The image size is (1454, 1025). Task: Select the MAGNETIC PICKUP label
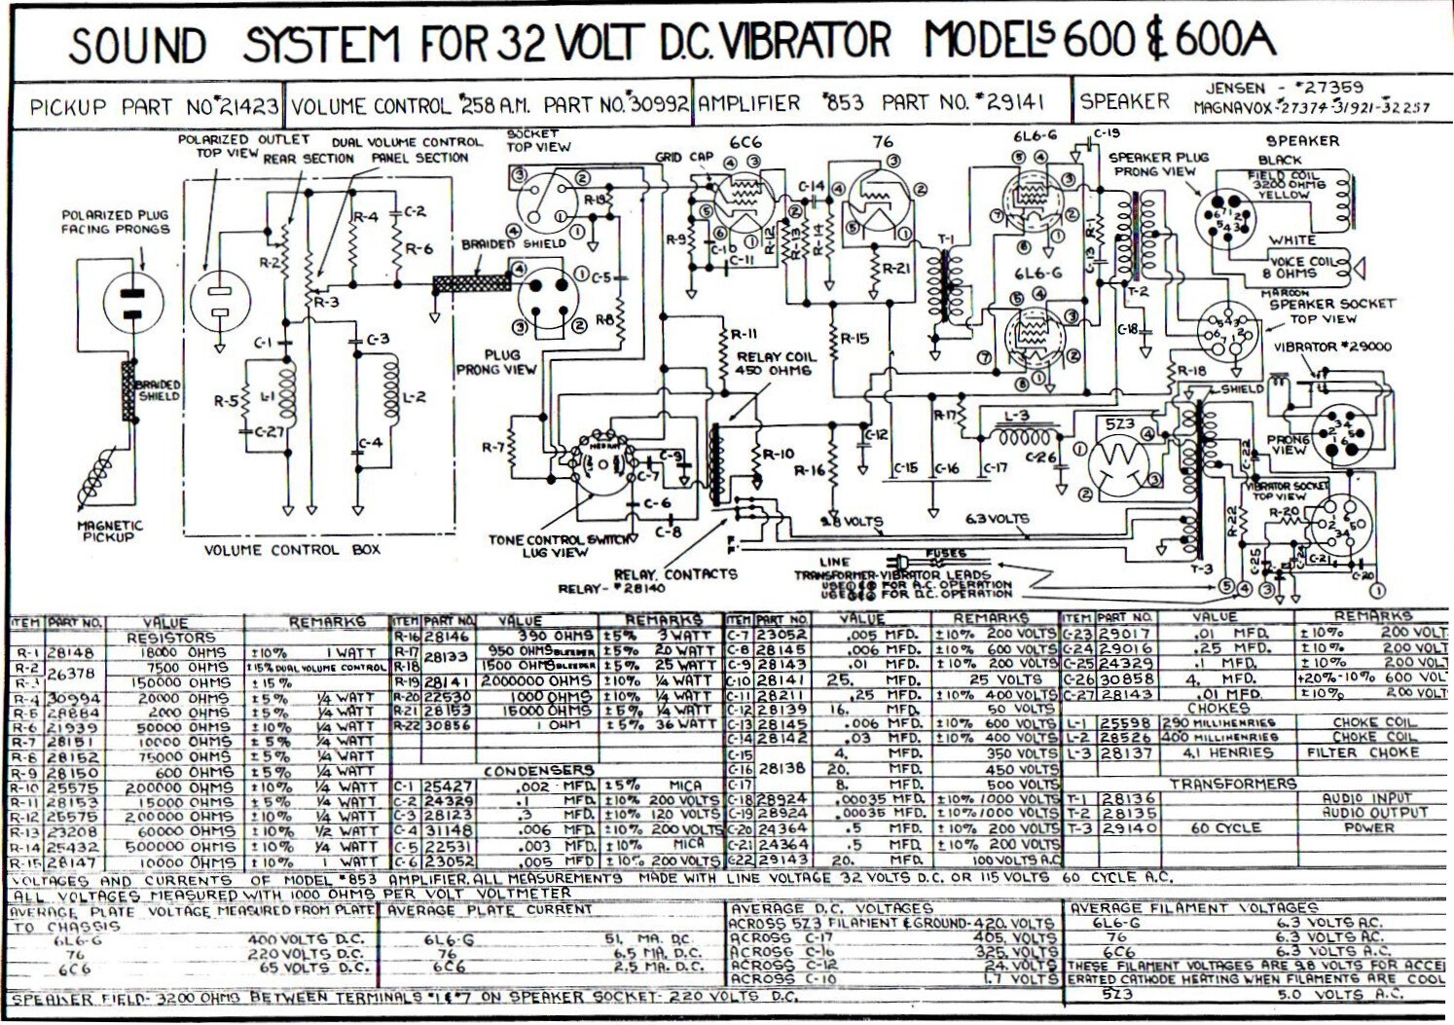click(109, 531)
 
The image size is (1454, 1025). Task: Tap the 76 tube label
click(883, 142)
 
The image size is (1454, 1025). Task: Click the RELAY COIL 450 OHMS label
click(776, 363)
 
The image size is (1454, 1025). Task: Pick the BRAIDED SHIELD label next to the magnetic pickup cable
click(159, 390)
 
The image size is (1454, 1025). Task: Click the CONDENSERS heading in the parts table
click(538, 771)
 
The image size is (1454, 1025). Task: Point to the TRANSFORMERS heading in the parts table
click(1232, 784)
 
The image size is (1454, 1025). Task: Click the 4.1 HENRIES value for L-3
click(1227, 752)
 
